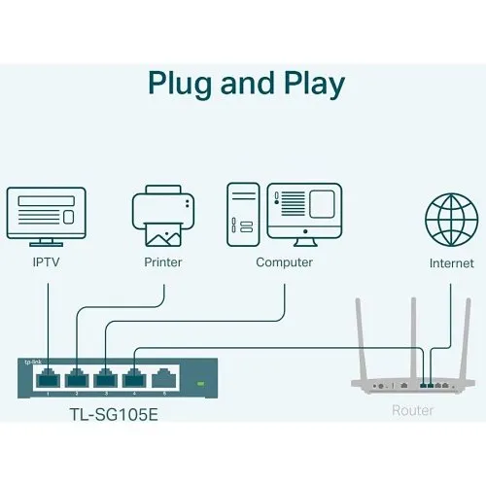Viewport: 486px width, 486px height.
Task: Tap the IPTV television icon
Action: pos(46,216)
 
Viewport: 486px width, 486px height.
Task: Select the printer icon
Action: pos(162,216)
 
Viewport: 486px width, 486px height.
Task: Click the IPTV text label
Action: pos(46,262)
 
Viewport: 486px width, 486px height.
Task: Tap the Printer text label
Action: pos(162,262)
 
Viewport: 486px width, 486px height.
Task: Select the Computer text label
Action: pos(284,262)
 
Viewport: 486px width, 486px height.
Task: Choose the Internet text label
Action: pos(452,263)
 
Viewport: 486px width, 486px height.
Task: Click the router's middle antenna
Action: pos(411,330)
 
